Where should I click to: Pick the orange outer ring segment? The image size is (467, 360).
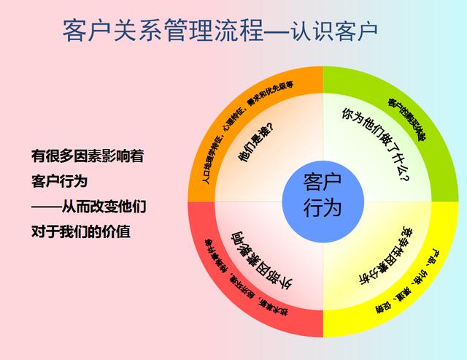(x=241, y=110)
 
